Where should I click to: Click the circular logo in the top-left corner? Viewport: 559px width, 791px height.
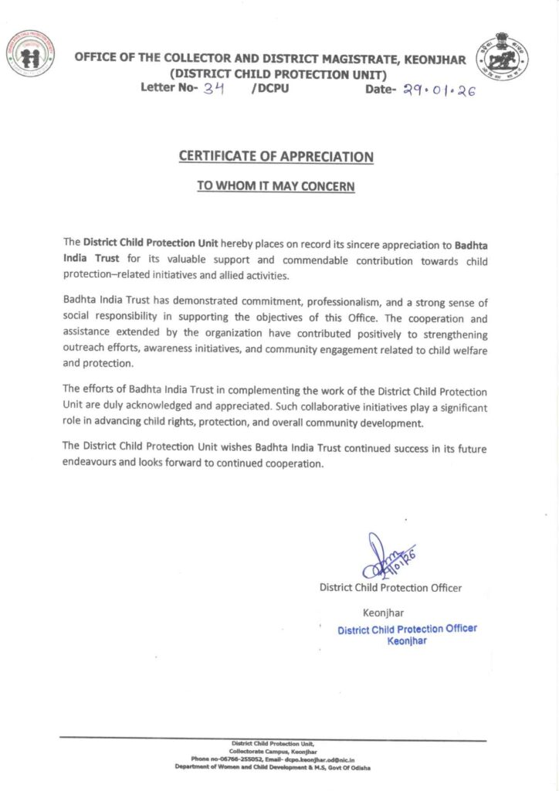click(31, 53)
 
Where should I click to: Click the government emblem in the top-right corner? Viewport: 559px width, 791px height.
click(503, 56)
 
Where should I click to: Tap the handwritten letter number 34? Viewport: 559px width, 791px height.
click(214, 89)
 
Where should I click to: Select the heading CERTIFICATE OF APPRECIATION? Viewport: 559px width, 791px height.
click(276, 156)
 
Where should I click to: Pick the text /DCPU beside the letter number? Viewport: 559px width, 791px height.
click(270, 89)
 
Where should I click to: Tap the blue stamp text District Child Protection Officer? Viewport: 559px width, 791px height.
click(407, 629)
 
